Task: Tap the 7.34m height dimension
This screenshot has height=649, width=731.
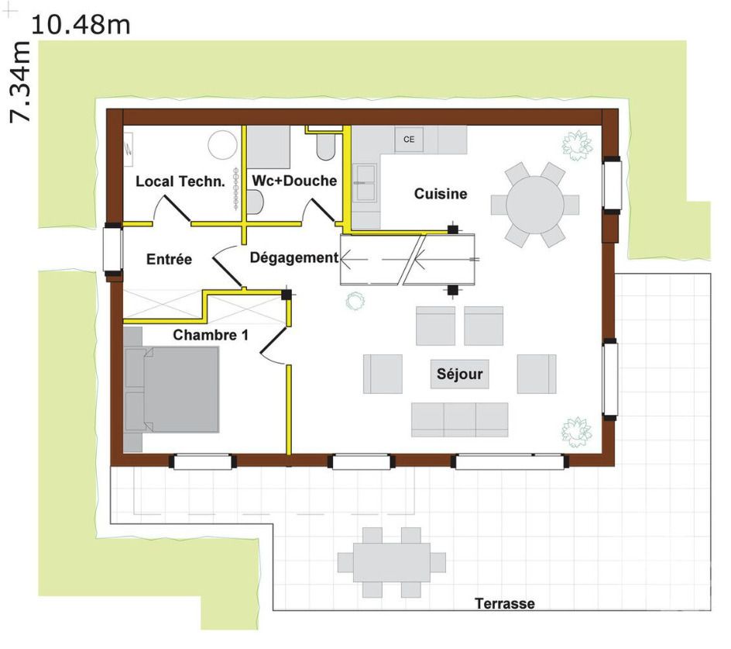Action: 19,81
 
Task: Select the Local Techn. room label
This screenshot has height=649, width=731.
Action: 180,181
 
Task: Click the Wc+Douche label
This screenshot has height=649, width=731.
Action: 294,181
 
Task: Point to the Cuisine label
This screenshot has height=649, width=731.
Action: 441,193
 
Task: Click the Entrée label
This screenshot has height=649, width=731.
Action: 169,259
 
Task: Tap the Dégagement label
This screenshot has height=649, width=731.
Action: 293,257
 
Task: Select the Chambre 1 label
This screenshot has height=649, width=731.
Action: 211,335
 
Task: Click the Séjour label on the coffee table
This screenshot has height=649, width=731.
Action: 460,374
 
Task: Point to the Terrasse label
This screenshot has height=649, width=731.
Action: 504,603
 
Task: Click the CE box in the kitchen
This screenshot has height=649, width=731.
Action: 409,139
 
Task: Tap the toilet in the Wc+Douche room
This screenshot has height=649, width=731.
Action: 325,147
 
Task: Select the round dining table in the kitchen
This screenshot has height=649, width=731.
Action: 535,205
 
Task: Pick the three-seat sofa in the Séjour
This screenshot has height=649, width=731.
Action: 460,419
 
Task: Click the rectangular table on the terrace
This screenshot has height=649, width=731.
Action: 392,562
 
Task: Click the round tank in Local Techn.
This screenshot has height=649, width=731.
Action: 223,145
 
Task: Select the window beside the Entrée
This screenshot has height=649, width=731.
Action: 112,249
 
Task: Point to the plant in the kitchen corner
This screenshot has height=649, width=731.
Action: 577,145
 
